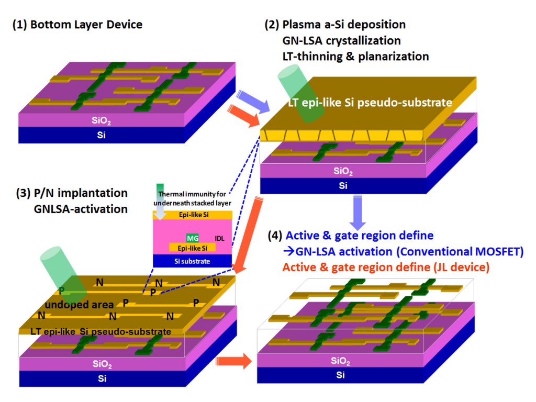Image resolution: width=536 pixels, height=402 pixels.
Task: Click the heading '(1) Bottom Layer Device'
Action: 77,25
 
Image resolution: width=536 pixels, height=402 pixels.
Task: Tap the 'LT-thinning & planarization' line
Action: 355,56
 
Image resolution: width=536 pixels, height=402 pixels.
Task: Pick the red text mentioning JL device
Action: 386,267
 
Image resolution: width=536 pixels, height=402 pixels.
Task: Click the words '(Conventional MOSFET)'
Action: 465,252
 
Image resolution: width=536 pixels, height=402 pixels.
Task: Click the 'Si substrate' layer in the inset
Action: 192,260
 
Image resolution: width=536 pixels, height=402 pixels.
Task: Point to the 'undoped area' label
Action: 78,305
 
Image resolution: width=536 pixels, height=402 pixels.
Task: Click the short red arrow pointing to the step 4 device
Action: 230,361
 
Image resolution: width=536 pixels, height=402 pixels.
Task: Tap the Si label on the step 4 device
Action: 341,375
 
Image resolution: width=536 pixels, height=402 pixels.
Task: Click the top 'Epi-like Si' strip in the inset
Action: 192,214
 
